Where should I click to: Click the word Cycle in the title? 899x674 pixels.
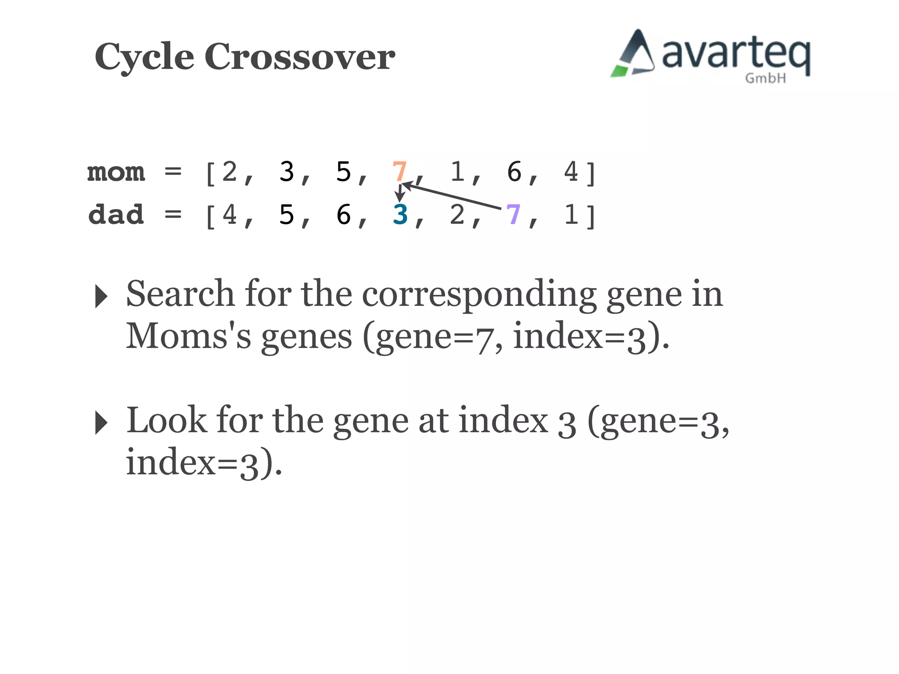tap(144, 57)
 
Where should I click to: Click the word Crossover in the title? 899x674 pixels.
tap(300, 57)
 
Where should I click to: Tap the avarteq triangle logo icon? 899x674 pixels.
tap(633, 54)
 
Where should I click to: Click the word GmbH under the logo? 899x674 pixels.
tap(765, 79)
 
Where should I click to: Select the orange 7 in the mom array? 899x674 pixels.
tap(399, 172)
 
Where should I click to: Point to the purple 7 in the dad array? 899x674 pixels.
tap(513, 215)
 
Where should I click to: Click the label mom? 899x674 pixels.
tap(116, 172)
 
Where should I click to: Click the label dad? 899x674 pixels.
tap(116, 215)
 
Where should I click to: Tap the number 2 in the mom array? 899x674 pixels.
tap(229, 172)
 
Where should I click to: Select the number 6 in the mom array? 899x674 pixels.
tap(514, 172)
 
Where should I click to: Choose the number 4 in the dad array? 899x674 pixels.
tap(229, 215)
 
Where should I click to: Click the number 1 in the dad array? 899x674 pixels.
tap(571, 215)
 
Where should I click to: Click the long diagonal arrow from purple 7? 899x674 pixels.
tap(452, 197)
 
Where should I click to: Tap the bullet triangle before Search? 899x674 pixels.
tap(101, 296)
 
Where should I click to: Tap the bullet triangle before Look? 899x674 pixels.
tap(101, 423)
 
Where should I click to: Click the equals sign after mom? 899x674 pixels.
tap(173, 172)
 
